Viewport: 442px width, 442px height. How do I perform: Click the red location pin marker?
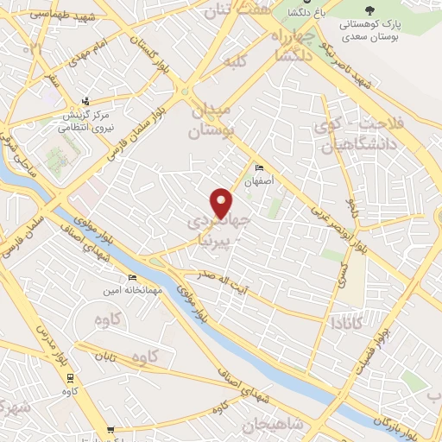pos(222,202)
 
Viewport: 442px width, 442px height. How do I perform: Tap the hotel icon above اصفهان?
pos(258,168)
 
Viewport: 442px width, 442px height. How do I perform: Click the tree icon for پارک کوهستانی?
pos(370,11)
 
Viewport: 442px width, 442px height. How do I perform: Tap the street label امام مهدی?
pos(89,52)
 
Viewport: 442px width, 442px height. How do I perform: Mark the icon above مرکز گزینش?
pos(84,100)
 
